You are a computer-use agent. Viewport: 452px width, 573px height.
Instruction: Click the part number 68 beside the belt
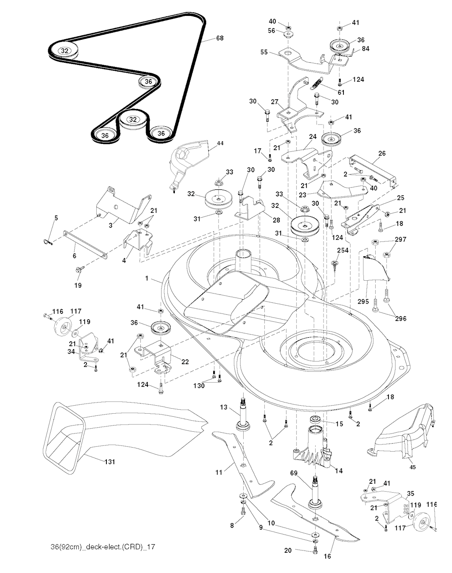pos(219,38)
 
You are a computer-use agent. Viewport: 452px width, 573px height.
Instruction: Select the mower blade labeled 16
pos(318,516)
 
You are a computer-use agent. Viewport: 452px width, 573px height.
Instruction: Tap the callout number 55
pos(264,52)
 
